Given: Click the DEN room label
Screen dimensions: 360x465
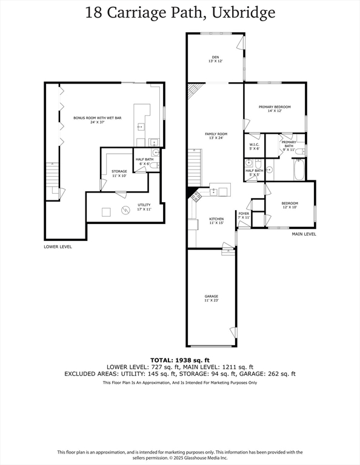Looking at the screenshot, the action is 215,58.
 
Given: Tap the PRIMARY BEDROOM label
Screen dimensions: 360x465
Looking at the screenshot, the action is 275,107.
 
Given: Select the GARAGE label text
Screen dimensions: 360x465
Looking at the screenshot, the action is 212,296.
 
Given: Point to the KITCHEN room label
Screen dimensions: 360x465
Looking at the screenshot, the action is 216,219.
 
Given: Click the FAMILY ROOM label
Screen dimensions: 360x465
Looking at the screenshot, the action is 216,134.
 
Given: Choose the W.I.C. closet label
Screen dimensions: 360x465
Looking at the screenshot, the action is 255,145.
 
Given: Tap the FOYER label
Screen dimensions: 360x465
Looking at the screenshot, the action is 244,214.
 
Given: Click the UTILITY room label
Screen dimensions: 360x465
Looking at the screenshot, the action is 144,205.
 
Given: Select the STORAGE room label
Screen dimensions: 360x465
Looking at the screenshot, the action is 119,171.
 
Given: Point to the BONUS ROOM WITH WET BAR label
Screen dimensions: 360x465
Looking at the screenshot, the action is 98,118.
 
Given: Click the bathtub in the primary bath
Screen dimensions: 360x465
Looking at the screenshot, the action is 299,170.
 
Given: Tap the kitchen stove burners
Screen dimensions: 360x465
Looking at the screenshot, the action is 196,196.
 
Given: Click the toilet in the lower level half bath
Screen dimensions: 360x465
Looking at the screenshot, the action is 155,165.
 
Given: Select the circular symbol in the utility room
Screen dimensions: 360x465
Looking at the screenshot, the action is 125,210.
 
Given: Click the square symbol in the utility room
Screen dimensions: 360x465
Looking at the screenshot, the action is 106,212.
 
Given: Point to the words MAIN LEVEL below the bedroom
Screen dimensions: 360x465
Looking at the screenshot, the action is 304,234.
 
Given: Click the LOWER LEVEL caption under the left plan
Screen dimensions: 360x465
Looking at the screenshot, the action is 58,247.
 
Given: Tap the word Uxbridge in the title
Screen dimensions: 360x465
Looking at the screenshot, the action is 243,13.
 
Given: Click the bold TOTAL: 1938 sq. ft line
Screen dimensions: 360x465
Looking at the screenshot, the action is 180,360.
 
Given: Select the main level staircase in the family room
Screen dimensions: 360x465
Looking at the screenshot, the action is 195,168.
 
